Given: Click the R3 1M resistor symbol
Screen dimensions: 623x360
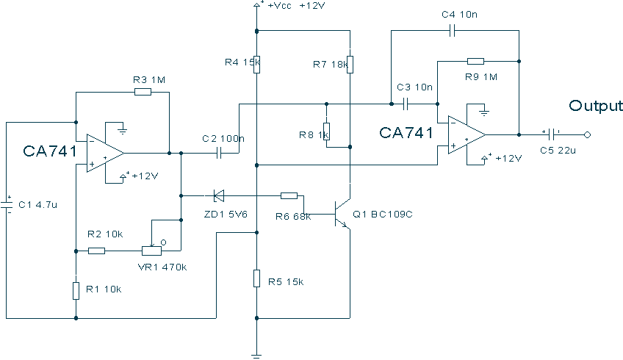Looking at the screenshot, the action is click(143, 92).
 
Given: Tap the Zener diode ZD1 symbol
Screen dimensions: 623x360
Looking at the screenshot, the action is click(218, 195).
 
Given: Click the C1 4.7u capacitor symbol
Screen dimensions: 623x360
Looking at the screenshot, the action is click(7, 205).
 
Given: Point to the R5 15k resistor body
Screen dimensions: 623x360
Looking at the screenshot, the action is click(256, 278).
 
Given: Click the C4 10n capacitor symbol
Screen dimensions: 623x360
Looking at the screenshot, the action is click(452, 31).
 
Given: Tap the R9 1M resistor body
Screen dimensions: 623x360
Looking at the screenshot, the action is click(475, 61).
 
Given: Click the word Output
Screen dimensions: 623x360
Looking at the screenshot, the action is click(596, 106).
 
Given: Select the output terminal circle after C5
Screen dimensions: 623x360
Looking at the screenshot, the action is click(587, 134).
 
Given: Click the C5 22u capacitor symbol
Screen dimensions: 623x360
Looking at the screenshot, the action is click(551, 134).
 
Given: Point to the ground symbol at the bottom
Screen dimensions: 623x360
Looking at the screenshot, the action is click(256, 356).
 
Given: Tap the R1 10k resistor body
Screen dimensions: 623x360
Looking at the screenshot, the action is click(76, 290).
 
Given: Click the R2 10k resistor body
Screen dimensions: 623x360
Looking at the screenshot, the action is click(96, 251).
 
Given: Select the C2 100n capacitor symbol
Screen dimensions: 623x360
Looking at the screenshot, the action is click(218, 153).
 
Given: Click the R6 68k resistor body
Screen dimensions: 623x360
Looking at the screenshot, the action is click(289, 195).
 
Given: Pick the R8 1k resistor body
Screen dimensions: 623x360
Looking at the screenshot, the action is click(327, 132).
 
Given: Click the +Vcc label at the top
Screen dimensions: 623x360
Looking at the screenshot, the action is click(280, 6).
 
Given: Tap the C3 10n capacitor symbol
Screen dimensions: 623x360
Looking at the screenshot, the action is click(406, 104).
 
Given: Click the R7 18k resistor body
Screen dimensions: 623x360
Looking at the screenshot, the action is click(350, 65).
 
